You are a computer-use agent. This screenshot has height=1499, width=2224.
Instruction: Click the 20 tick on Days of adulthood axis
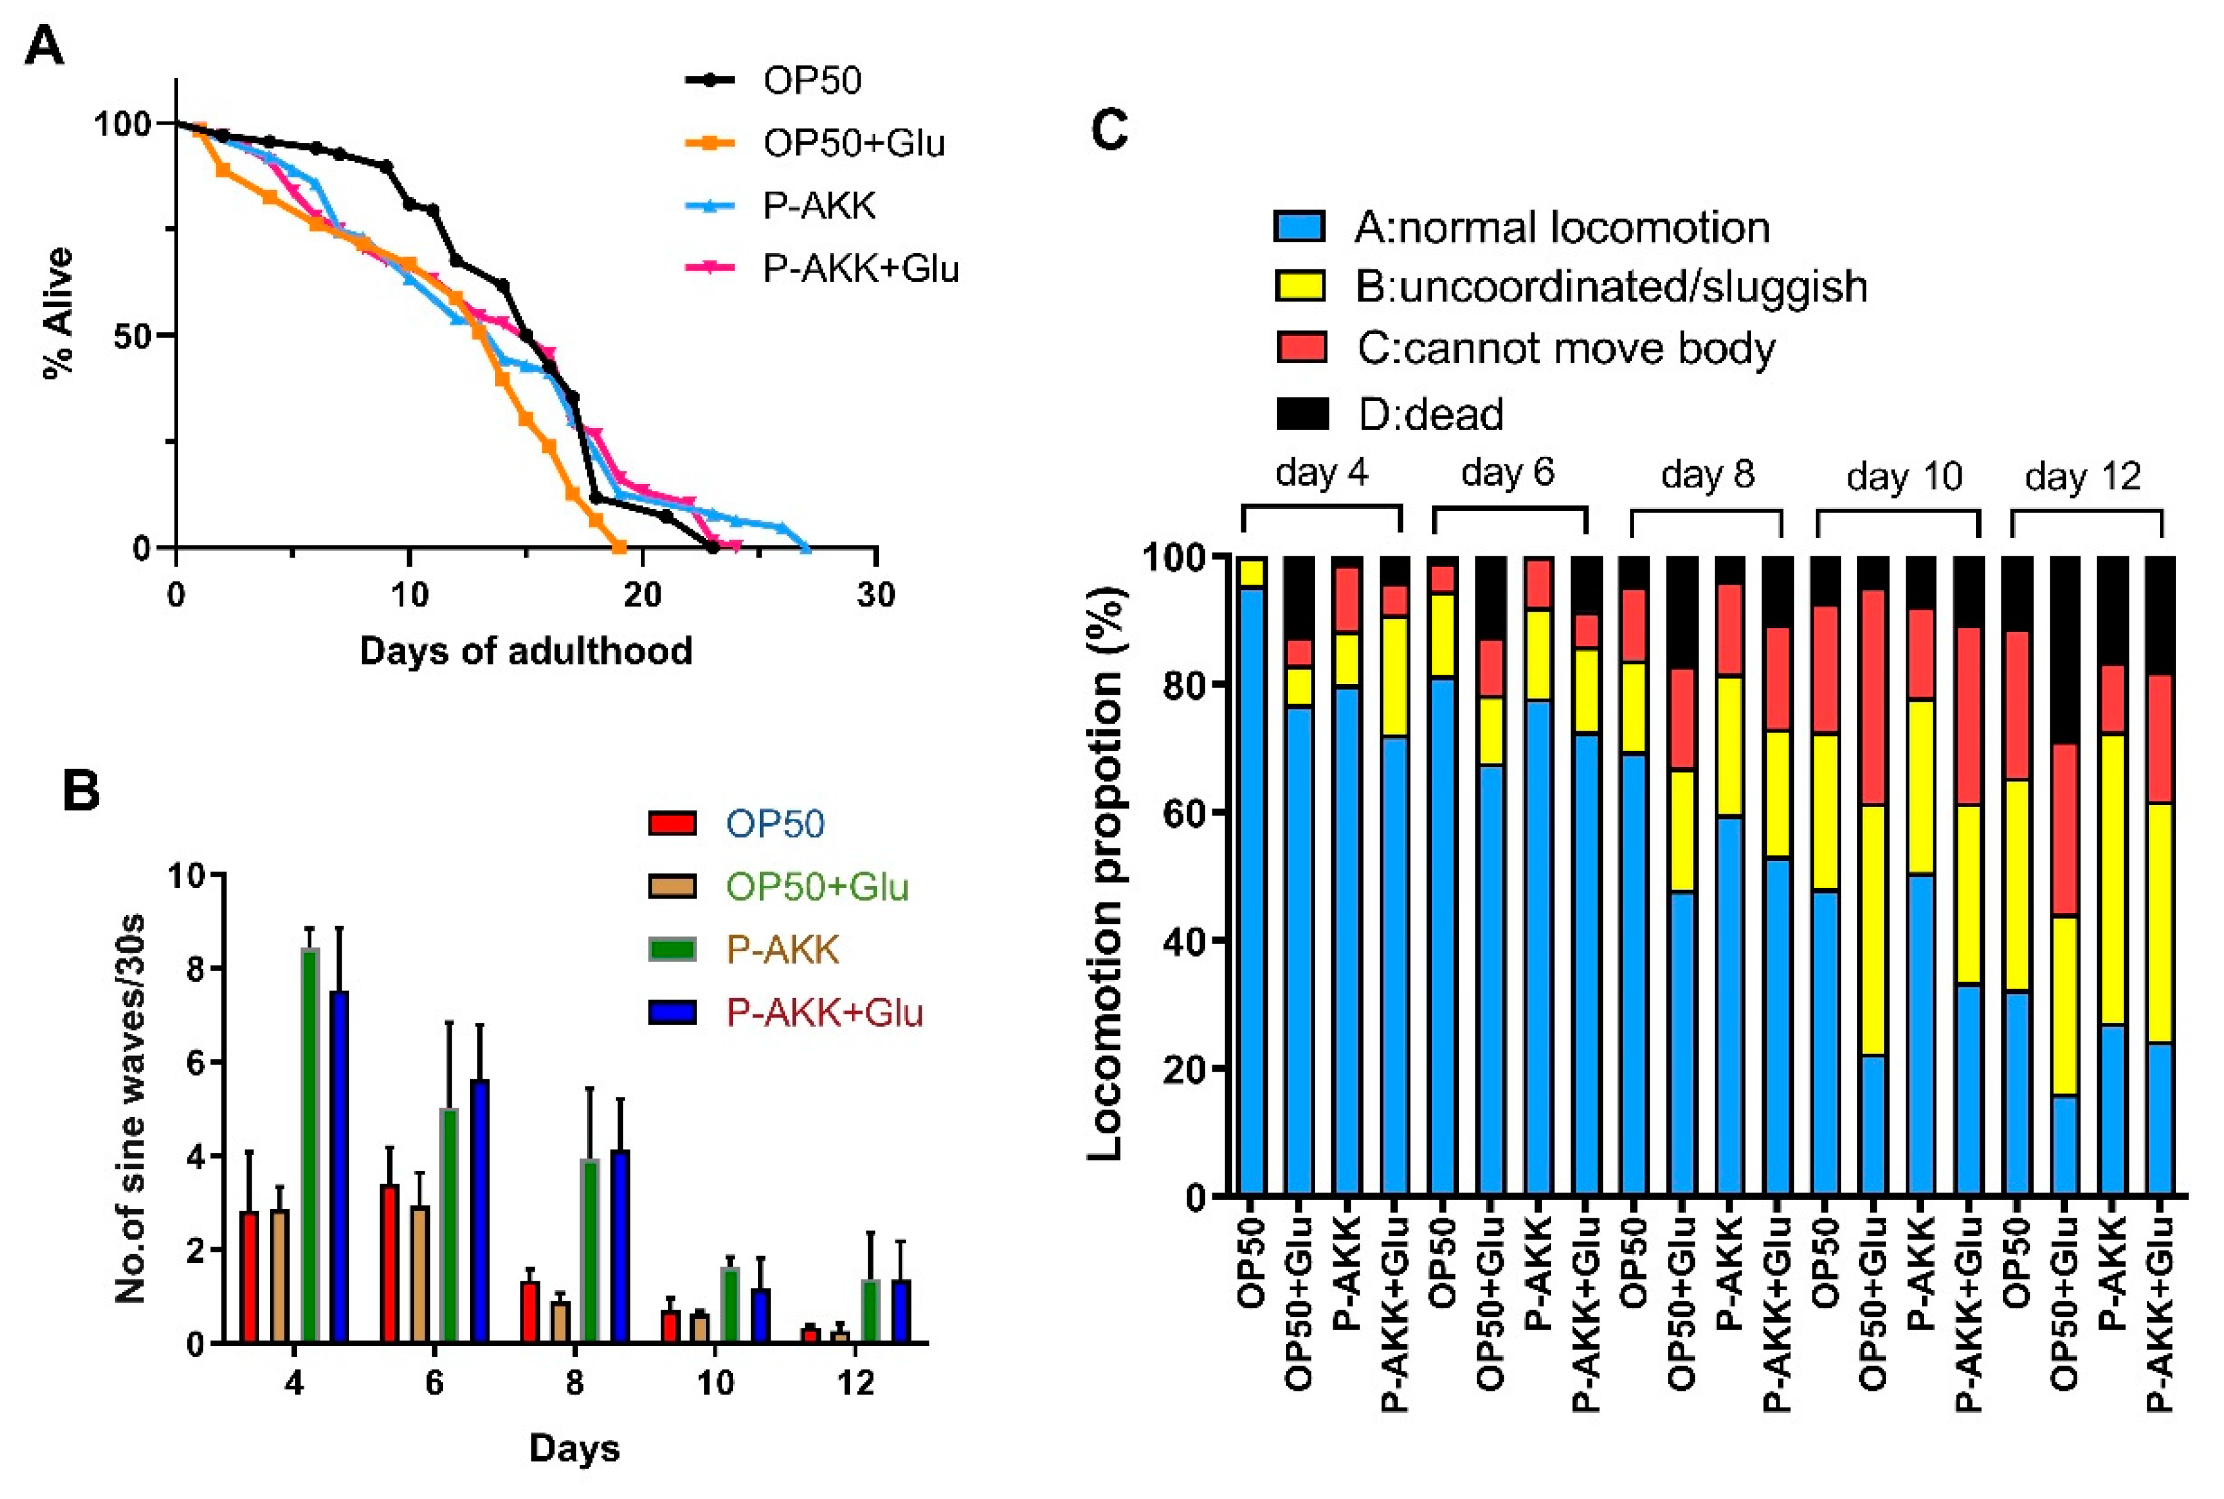tap(642, 595)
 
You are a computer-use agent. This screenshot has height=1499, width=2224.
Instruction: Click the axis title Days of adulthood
tap(526, 651)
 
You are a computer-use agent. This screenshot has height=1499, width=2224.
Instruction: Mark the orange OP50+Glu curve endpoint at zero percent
tap(618, 547)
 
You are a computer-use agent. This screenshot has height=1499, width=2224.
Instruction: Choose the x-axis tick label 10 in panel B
tap(715, 1383)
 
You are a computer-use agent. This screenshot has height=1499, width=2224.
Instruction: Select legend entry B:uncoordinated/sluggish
tap(1611, 287)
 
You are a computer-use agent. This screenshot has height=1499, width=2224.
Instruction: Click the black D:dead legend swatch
tap(1302, 415)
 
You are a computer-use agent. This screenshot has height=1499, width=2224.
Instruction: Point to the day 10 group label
tap(1904, 475)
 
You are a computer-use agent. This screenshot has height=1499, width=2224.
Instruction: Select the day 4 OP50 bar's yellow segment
tap(1251, 571)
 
